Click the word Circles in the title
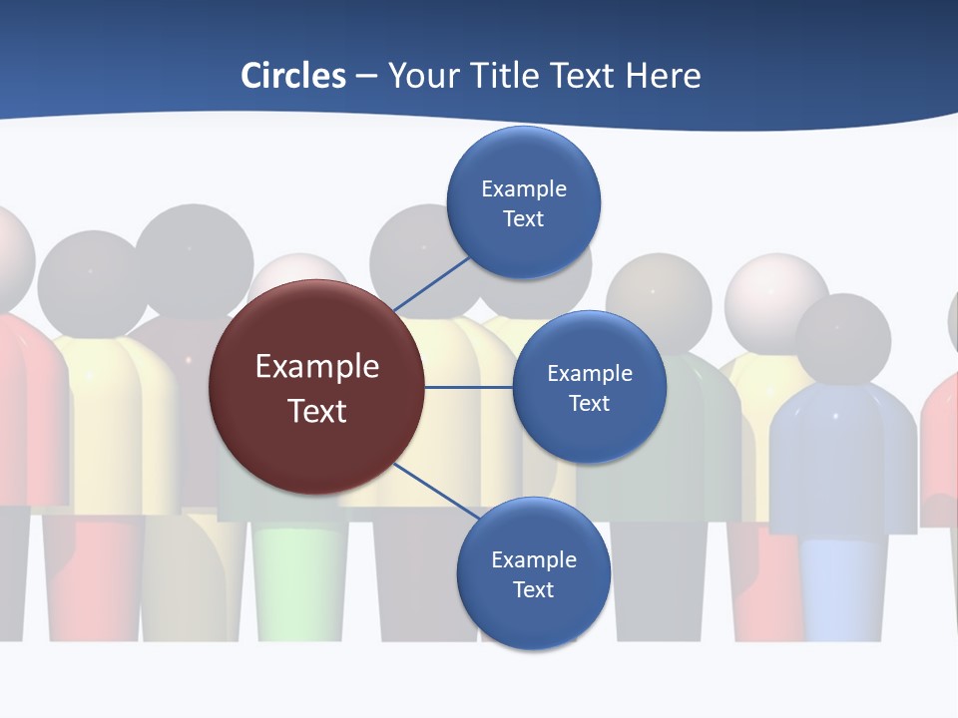[x=293, y=76]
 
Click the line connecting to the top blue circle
[x=431, y=283]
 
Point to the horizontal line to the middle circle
[x=469, y=387]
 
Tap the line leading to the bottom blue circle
[x=435, y=492]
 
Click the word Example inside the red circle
[x=316, y=366]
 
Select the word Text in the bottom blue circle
[x=533, y=589]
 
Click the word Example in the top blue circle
[x=523, y=188]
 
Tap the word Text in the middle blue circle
[x=589, y=403]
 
